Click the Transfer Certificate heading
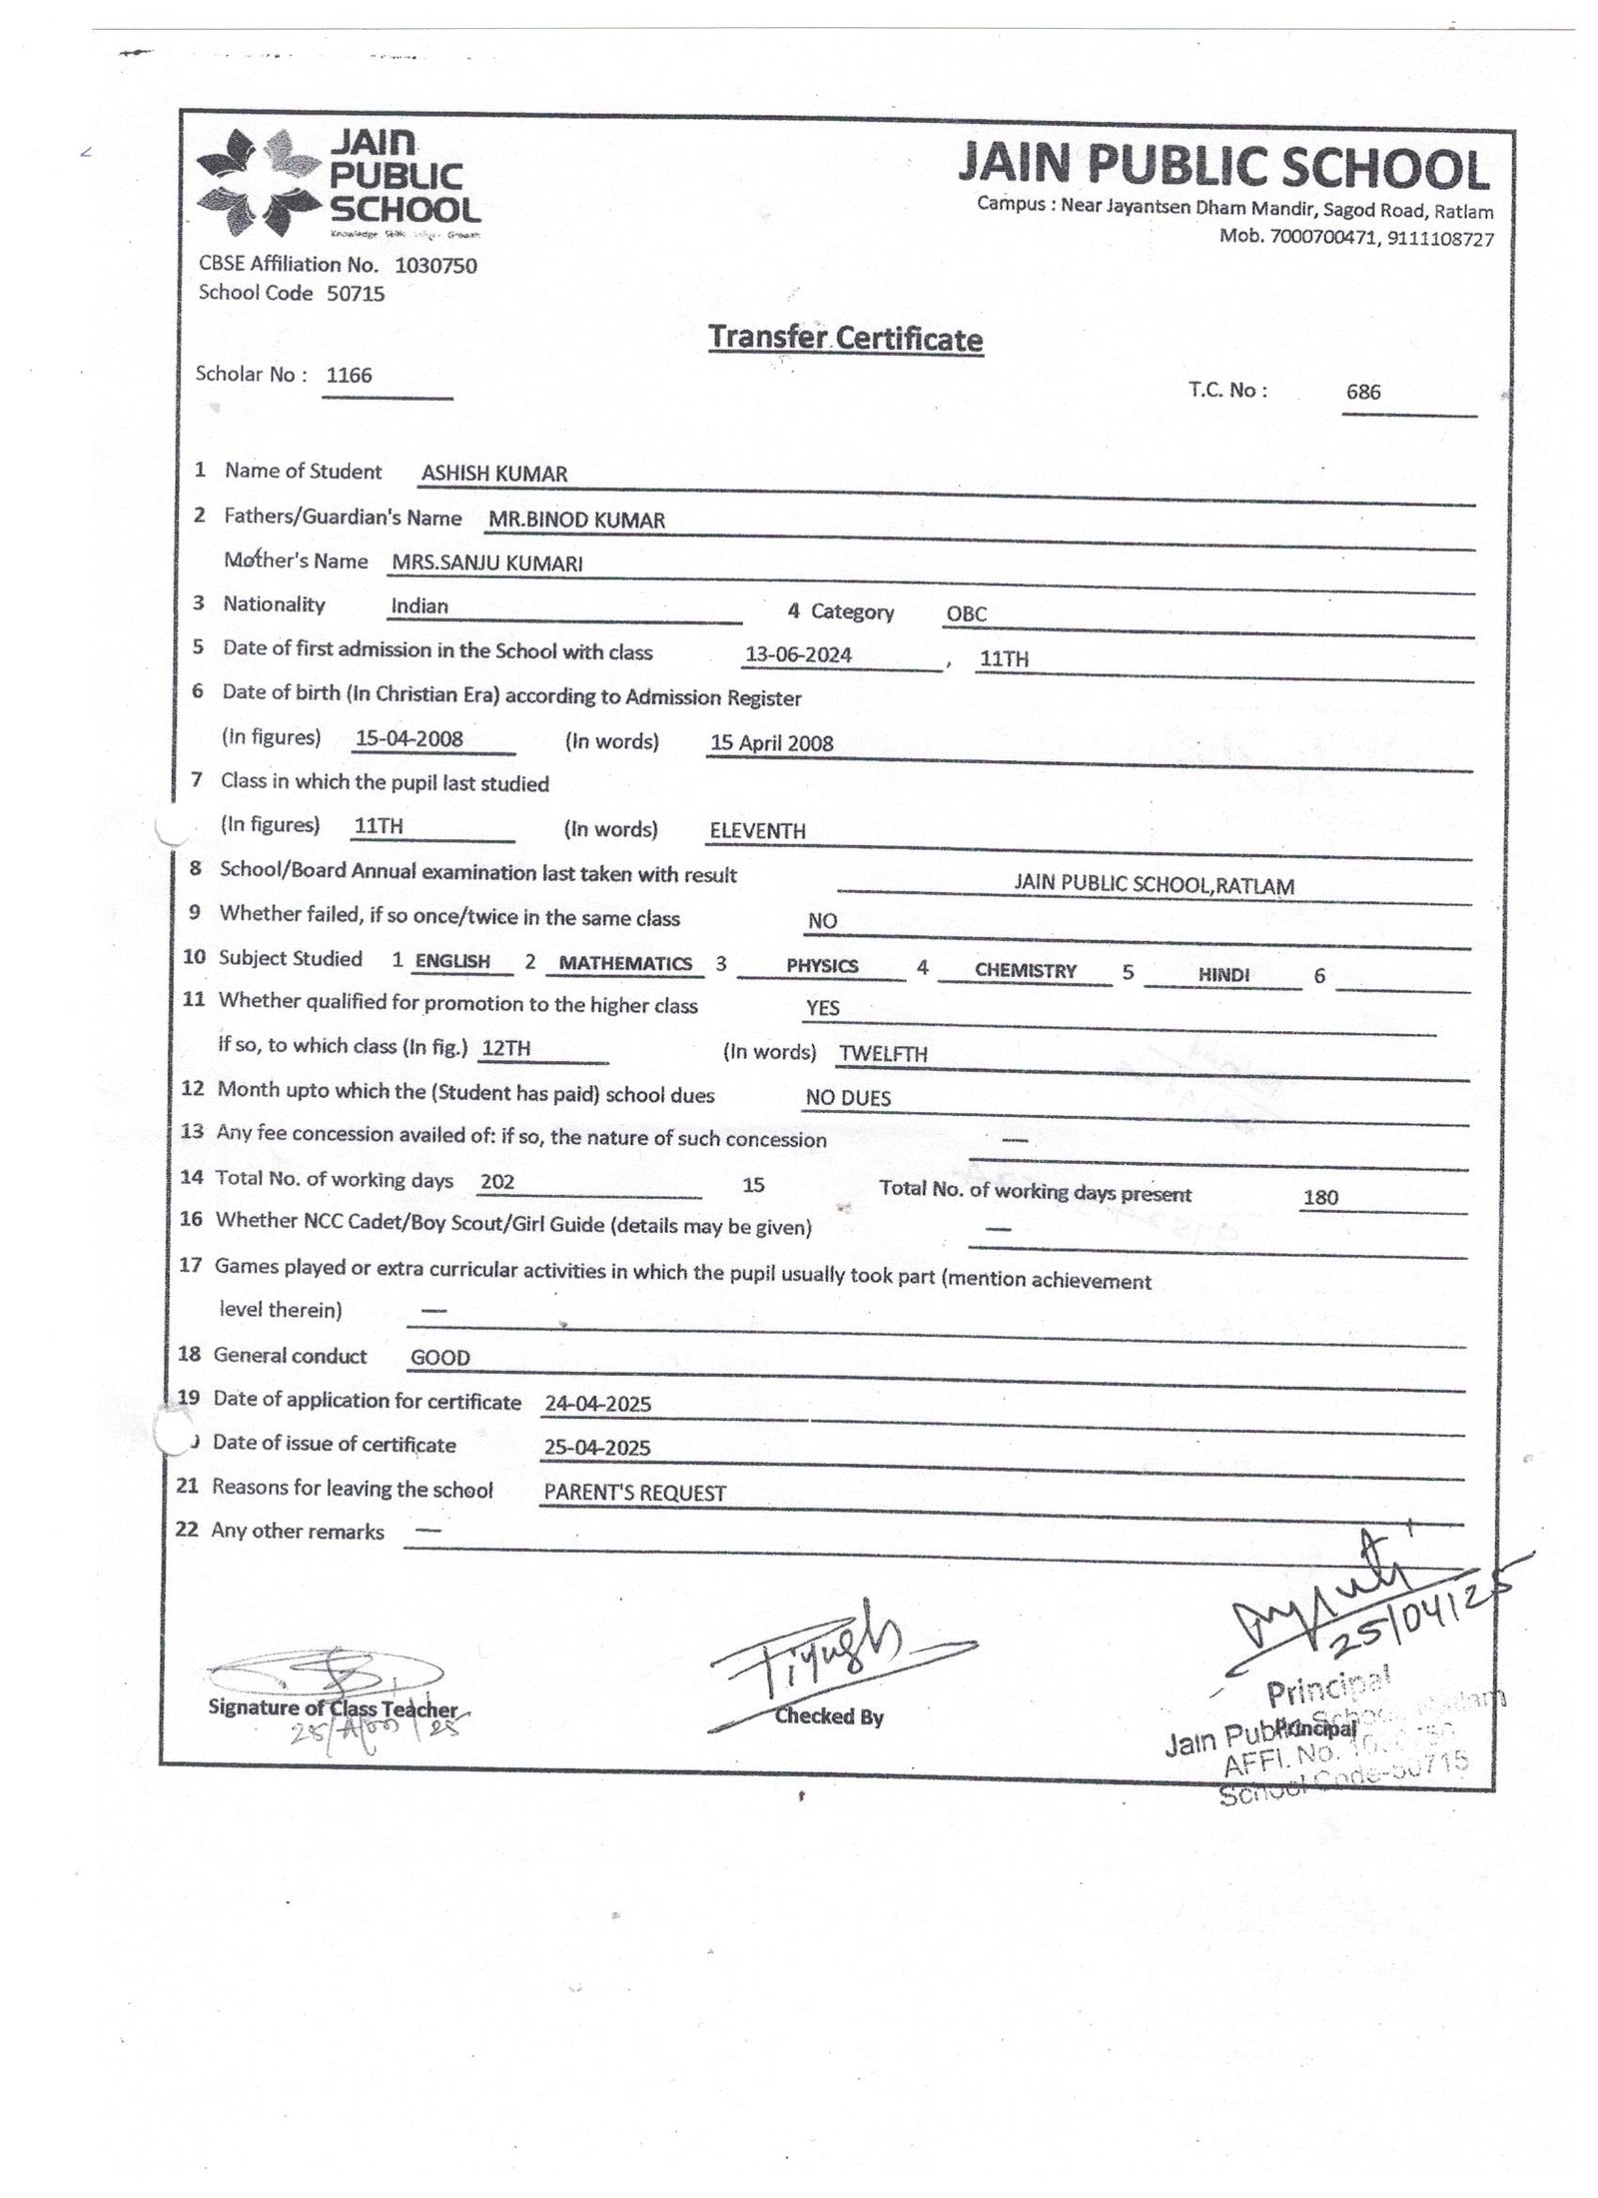coord(845,339)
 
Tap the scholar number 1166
coord(349,376)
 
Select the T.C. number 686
coord(1362,392)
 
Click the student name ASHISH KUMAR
coord(493,474)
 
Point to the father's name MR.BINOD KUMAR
coord(576,520)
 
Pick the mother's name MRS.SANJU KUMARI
coord(486,562)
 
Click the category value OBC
coord(966,613)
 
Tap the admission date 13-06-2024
coord(798,655)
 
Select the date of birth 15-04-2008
coord(408,739)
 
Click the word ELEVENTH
coord(757,830)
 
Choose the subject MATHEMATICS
coord(625,963)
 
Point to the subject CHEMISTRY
coord(1026,970)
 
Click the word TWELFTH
coord(883,1053)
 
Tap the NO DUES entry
coord(848,1098)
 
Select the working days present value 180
coord(1320,1197)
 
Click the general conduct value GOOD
coord(440,1357)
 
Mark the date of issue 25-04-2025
coord(597,1448)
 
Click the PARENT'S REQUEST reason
coord(634,1493)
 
